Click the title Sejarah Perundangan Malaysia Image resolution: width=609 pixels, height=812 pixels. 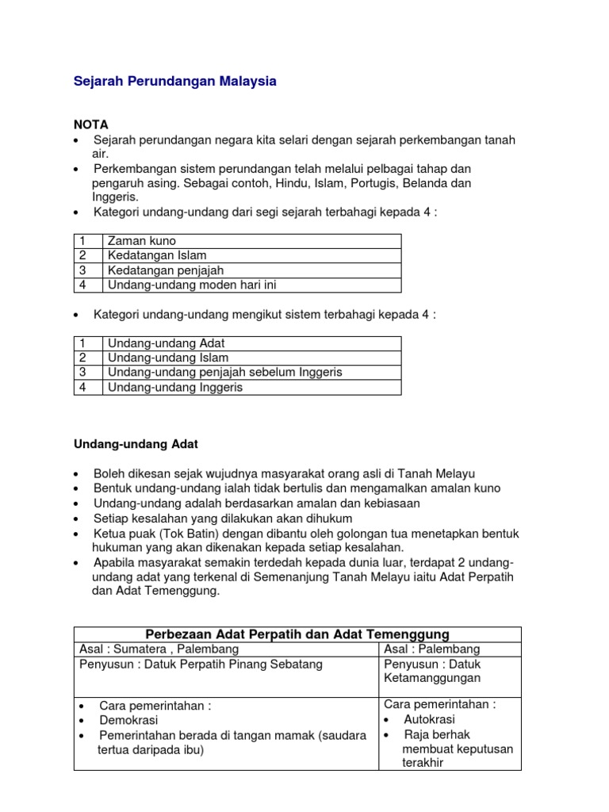click(175, 82)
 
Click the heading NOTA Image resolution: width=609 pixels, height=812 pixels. click(91, 124)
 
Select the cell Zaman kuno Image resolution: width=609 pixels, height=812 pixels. click(142, 241)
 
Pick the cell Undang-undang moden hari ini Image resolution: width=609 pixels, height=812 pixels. click(191, 285)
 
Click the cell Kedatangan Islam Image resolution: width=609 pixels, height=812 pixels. click(157, 255)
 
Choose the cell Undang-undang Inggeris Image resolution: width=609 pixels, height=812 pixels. click(174, 387)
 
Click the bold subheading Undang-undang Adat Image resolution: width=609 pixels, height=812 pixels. click(136, 444)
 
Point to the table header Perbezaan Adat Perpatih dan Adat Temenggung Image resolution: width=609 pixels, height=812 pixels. click(298, 634)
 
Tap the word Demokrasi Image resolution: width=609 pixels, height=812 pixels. click(128, 720)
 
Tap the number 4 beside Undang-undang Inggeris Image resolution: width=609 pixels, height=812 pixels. click(82, 387)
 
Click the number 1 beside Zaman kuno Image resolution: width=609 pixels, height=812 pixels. click(82, 241)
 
